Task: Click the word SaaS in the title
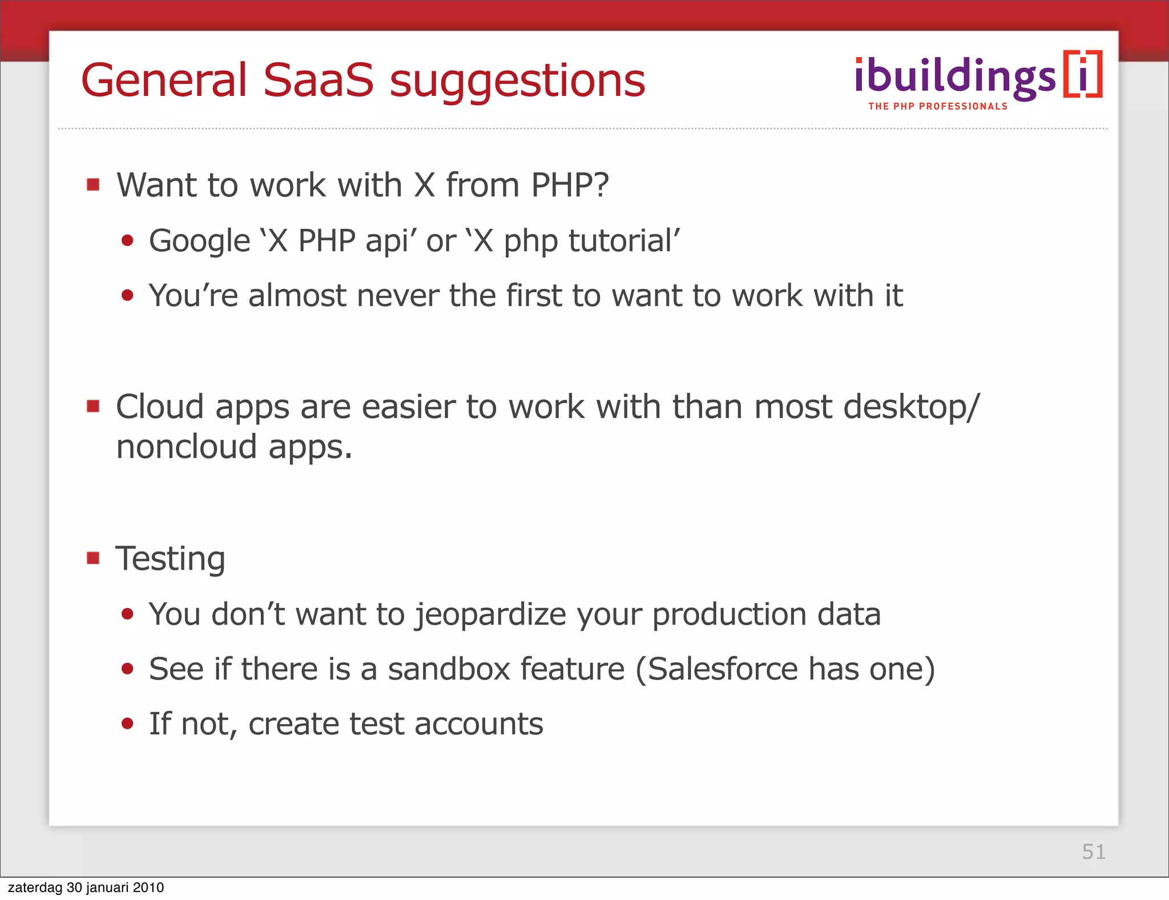click(317, 80)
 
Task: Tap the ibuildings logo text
click(955, 77)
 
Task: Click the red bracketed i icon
click(1083, 75)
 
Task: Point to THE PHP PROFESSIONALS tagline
click(938, 106)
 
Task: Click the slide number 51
click(1094, 851)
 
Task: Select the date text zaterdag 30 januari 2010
click(86, 887)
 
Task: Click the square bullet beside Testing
click(93, 557)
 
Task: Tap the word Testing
click(171, 559)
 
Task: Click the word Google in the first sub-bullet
click(200, 240)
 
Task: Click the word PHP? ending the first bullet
click(570, 185)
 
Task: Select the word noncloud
click(187, 447)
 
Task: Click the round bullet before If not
click(127, 724)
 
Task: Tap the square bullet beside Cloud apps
click(93, 406)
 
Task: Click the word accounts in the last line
click(478, 724)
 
